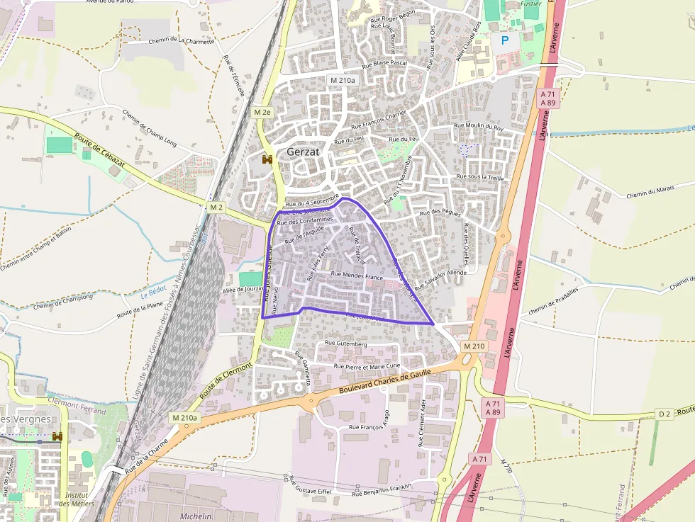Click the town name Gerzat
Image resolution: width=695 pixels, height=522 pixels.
304,152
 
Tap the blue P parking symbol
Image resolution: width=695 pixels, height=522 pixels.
505,41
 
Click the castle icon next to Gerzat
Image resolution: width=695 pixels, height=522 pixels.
267,159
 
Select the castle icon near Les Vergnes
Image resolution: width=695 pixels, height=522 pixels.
57,436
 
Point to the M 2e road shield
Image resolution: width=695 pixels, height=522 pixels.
262,112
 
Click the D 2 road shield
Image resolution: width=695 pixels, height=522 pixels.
664,413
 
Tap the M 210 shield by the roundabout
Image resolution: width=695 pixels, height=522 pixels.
474,346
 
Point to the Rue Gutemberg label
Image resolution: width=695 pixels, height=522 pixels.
345,344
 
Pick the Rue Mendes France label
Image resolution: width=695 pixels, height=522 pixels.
357,276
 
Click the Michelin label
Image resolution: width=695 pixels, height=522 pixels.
197,516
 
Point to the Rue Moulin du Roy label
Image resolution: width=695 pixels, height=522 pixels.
478,128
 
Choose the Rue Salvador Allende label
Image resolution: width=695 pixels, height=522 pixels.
440,280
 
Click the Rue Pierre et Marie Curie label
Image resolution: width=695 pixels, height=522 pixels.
367,366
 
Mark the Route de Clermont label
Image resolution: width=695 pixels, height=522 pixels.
227,381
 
